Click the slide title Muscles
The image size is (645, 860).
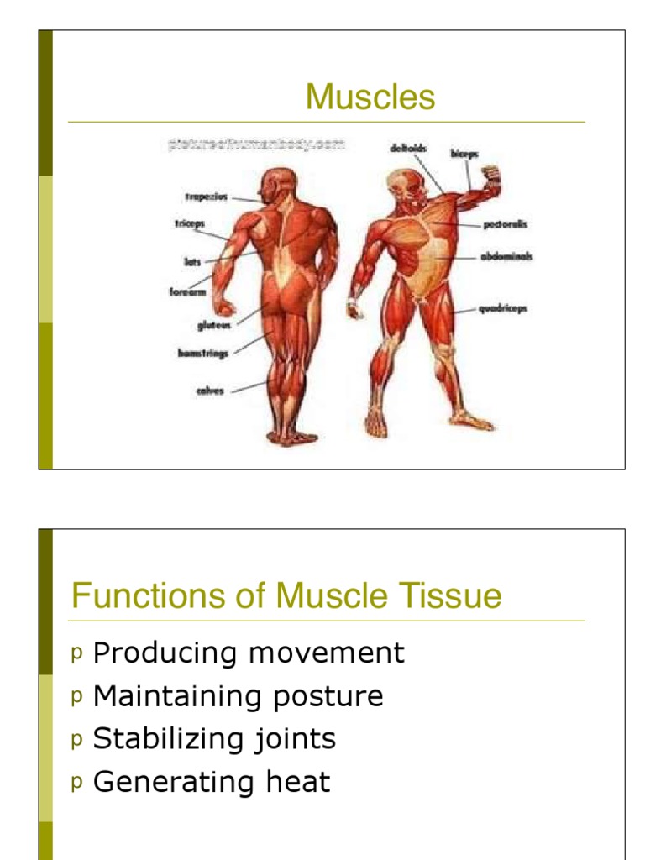point(370,97)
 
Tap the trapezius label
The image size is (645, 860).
point(205,198)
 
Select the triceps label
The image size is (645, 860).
point(190,224)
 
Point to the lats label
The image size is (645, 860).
point(192,261)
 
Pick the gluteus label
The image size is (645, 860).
point(214,324)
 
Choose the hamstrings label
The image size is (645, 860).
point(202,354)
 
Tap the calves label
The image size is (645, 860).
point(210,391)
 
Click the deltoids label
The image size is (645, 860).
point(408,149)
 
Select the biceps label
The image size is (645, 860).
point(465,155)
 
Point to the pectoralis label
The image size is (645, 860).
point(506,225)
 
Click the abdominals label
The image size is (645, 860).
point(507,257)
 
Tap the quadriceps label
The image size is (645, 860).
point(503,308)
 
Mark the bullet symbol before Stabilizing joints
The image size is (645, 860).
point(77,739)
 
